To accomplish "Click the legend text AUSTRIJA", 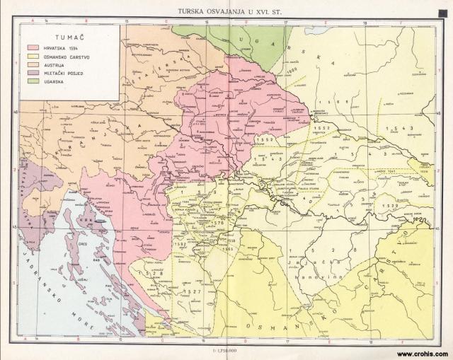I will [x=57, y=64].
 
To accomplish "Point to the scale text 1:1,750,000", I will [x=226, y=350].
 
